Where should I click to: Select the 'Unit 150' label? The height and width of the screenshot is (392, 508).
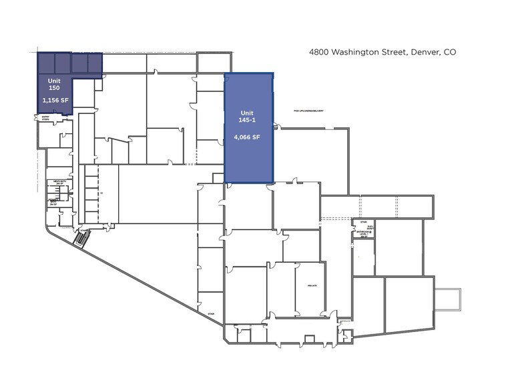pyautogui.click(x=54, y=84)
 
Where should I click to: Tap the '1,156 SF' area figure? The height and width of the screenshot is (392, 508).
pyautogui.click(x=55, y=100)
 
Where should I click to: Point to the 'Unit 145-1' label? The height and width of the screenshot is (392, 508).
pyautogui.click(x=247, y=116)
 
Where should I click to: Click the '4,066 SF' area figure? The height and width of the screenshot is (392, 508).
pyautogui.click(x=247, y=137)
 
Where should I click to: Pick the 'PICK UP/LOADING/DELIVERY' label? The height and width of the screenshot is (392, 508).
pyautogui.click(x=308, y=111)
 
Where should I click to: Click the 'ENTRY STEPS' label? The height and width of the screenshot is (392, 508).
pyautogui.click(x=46, y=119)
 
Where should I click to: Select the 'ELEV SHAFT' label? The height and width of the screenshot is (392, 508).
pyautogui.click(x=370, y=227)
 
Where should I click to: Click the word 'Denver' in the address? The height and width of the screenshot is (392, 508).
pyautogui.click(x=420, y=51)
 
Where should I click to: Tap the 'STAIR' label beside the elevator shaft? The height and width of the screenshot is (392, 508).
pyautogui.click(x=364, y=222)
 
